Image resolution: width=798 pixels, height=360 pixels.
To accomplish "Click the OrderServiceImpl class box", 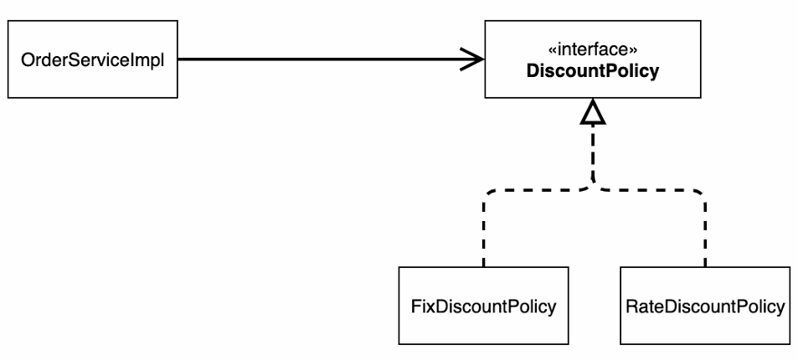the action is click(x=93, y=59).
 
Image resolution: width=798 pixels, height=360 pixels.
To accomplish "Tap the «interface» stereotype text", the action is click(x=592, y=50).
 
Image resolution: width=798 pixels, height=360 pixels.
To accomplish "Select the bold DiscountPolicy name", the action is click(x=592, y=71).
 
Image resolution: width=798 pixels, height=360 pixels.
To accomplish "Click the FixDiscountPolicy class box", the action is click(x=483, y=306).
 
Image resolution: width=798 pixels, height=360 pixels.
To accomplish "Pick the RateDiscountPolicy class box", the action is click(x=705, y=306).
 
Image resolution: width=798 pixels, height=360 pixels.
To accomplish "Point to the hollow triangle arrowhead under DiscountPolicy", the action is click(x=593, y=111).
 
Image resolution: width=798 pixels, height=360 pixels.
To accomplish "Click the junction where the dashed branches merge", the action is click(x=593, y=187).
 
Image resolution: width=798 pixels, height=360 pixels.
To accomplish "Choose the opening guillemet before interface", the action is click(x=552, y=51).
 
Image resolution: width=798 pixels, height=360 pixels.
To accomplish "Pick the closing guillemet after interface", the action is click(x=633, y=51).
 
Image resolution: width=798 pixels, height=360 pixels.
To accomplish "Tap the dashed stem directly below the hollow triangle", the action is click(x=593, y=152).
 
